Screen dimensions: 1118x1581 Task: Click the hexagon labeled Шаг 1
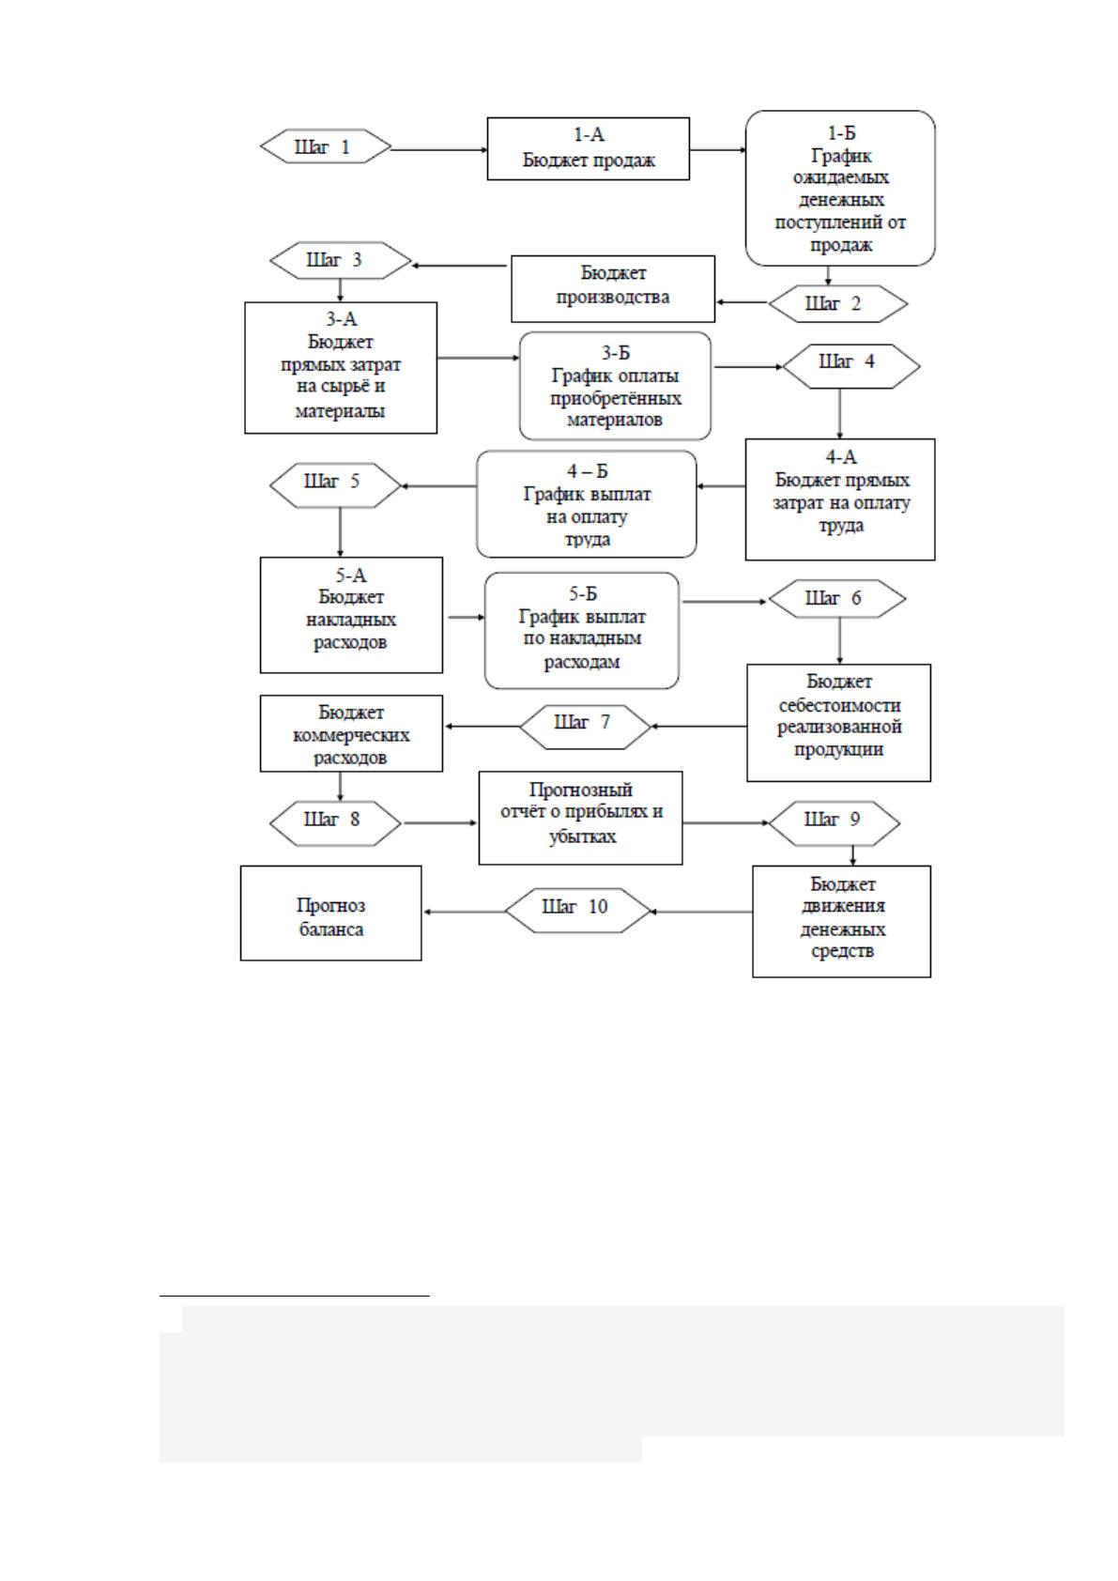pos(326,146)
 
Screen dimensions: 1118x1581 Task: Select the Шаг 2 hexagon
pos(837,304)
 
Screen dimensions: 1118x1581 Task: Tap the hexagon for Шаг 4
pos(852,366)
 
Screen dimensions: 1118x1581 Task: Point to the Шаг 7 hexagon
pos(585,727)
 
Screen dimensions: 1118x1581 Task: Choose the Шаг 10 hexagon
pos(577,911)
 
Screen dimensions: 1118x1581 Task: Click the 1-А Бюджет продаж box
pos(588,149)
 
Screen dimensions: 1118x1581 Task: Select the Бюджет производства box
pos(613,288)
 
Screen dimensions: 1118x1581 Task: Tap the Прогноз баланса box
pos(331,913)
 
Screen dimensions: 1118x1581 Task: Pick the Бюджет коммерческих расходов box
pos(351,733)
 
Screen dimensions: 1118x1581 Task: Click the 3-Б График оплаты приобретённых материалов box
pos(616,386)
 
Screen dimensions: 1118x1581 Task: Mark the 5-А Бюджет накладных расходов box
pos(351,615)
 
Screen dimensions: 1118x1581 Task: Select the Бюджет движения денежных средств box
pos(841,922)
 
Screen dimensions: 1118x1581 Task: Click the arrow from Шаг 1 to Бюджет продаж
pos(439,149)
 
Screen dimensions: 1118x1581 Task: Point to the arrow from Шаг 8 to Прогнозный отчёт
pos(439,822)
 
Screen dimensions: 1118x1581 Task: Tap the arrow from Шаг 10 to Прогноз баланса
pos(465,912)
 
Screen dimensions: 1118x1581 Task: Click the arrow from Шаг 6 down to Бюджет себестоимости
pos(839,641)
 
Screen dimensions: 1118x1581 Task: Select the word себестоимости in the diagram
pos(839,705)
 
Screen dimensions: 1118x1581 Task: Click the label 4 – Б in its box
pos(588,470)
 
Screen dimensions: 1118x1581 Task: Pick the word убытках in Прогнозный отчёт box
pos(582,837)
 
